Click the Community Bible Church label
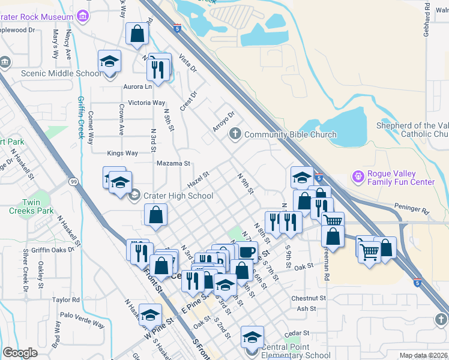pyautogui.click(x=291, y=134)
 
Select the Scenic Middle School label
pyautogui.click(x=61, y=73)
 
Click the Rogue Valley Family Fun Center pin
pyautogui.click(x=358, y=177)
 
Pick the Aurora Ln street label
pyautogui.click(x=137, y=87)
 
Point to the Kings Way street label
pyautogui.click(x=122, y=153)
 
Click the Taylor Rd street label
pyautogui.click(x=66, y=299)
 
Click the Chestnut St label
pyautogui.click(x=308, y=298)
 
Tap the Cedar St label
pyautogui.click(x=297, y=333)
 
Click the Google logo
pyautogui.click(x=20, y=353)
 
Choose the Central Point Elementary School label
pyautogui.click(x=294, y=351)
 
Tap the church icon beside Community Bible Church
pyautogui.click(x=235, y=134)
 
